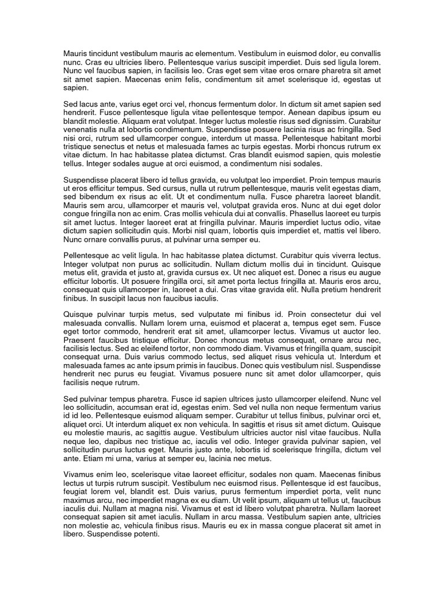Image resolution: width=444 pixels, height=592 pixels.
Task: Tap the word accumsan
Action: pos(149,408)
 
